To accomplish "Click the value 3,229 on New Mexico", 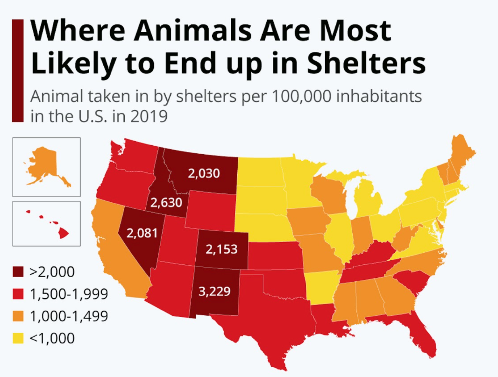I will click(214, 291).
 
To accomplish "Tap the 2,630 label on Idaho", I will click(166, 202).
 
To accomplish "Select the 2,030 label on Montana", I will click(204, 174).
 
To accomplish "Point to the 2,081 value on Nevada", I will click(141, 233).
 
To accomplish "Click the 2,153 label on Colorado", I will click(221, 249).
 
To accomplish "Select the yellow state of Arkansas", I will click(321, 287).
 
